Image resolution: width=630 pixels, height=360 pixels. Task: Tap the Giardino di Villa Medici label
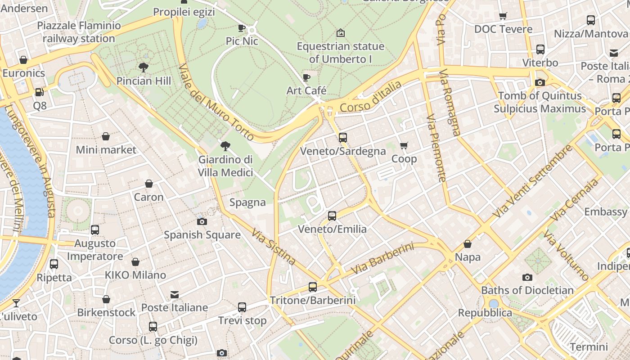coord(225,166)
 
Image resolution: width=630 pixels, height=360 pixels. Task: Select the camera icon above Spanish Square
coord(202,221)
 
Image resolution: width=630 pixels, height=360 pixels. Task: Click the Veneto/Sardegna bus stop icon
coord(343,138)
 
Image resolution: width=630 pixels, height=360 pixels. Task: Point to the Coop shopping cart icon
coord(404,145)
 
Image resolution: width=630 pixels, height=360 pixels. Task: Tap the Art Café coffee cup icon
coord(306,77)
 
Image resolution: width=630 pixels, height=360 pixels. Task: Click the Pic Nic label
coord(242,41)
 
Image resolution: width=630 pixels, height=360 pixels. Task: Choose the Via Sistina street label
coord(274,247)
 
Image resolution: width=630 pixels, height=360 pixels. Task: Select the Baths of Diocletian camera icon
coord(527,277)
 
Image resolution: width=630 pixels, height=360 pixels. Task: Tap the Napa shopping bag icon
coord(468,244)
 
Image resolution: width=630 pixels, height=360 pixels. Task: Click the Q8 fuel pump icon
coord(40,92)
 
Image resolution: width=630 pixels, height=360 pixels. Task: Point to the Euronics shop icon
coord(23,60)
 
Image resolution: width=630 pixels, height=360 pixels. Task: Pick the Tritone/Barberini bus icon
coord(312,287)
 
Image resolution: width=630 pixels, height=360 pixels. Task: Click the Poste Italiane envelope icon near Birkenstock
coord(175,295)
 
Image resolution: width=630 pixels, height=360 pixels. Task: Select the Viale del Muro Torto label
coord(216,102)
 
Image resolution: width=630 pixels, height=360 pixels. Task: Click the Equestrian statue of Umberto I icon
coord(341,33)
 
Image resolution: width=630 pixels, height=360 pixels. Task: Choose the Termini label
coord(589,347)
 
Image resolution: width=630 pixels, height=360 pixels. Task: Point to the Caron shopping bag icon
coord(148,184)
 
